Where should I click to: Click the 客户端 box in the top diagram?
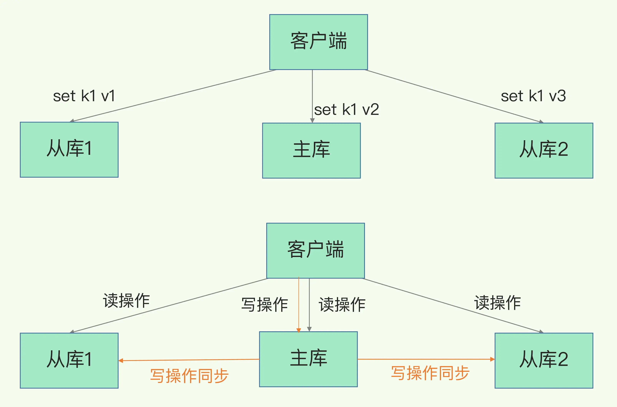click(318, 42)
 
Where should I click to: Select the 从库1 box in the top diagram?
click(69, 150)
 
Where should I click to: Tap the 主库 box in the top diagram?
click(312, 151)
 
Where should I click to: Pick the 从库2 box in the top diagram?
click(544, 151)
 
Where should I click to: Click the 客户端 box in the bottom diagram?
click(316, 251)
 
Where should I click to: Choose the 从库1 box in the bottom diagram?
click(69, 361)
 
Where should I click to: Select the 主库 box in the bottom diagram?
click(308, 359)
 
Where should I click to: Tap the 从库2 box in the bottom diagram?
click(544, 361)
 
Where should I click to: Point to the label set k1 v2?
click(347, 109)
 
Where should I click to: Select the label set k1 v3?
click(533, 96)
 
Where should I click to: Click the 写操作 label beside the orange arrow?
click(265, 304)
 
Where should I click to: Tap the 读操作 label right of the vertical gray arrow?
click(342, 304)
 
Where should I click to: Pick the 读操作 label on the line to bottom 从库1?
click(126, 301)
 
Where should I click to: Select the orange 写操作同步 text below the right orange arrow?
click(430, 373)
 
